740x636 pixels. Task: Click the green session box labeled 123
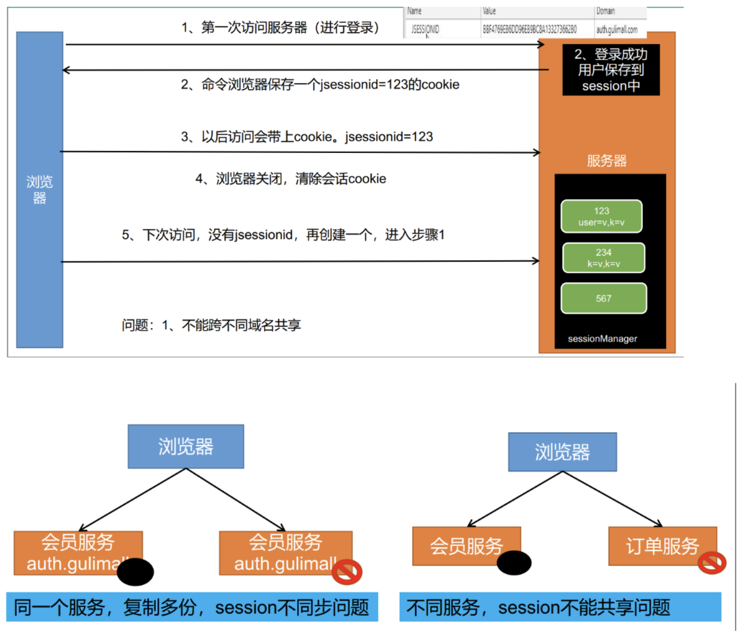pyautogui.click(x=601, y=216)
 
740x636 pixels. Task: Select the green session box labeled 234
pyautogui.click(x=603, y=258)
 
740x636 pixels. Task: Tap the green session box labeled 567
pyautogui.click(x=603, y=298)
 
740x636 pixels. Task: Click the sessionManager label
pyautogui.click(x=602, y=339)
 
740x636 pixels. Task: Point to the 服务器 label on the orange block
pyautogui.click(x=606, y=161)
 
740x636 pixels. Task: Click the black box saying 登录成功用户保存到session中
pyautogui.click(x=611, y=70)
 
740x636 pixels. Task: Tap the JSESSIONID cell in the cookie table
pyautogui.click(x=425, y=30)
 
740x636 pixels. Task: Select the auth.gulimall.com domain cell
pyautogui.click(x=616, y=30)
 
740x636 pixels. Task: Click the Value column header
pyautogui.click(x=489, y=11)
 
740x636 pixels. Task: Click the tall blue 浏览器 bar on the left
pyautogui.click(x=40, y=190)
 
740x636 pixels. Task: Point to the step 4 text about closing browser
pyautogui.click(x=290, y=179)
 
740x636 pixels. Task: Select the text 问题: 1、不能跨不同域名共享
pyautogui.click(x=211, y=325)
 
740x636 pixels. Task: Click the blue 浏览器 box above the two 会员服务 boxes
pyautogui.click(x=186, y=447)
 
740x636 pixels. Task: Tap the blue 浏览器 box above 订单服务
pyautogui.click(x=562, y=452)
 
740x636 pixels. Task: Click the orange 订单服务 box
pyautogui.click(x=662, y=546)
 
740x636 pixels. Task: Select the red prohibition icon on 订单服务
pyautogui.click(x=711, y=563)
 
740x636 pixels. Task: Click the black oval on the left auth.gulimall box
pyautogui.click(x=135, y=572)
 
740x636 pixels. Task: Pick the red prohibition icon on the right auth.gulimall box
pyautogui.click(x=347, y=572)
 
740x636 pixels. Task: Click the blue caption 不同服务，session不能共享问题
pyautogui.click(x=560, y=607)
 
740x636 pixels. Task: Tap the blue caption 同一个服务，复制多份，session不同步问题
pyautogui.click(x=192, y=607)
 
